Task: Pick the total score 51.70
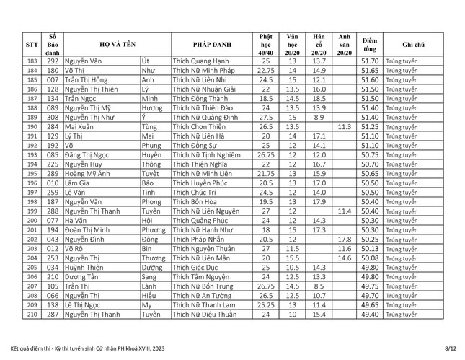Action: point(370,61)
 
